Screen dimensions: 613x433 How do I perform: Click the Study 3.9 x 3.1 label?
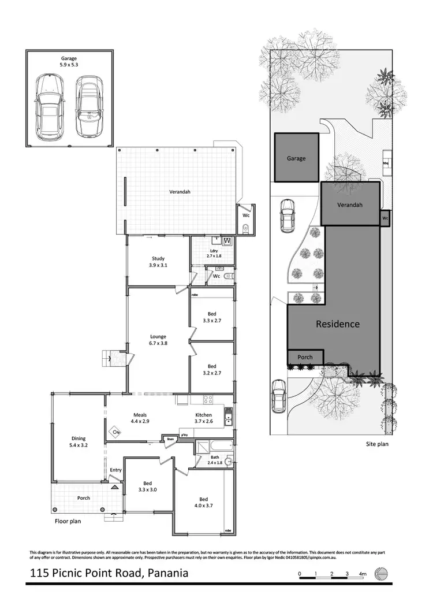click(x=158, y=262)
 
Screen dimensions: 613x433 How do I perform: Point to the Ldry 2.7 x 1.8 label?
click(x=214, y=253)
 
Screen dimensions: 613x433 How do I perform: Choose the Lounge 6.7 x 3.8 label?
click(x=158, y=340)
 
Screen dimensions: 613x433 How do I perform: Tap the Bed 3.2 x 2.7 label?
click(x=212, y=370)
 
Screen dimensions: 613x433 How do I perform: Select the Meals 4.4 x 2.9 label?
click(x=141, y=419)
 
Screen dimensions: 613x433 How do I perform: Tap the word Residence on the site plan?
click(x=337, y=324)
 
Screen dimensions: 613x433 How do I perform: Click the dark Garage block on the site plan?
click(x=296, y=158)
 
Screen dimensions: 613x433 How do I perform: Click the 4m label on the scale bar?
click(x=363, y=574)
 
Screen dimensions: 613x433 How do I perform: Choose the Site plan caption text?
click(x=378, y=444)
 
